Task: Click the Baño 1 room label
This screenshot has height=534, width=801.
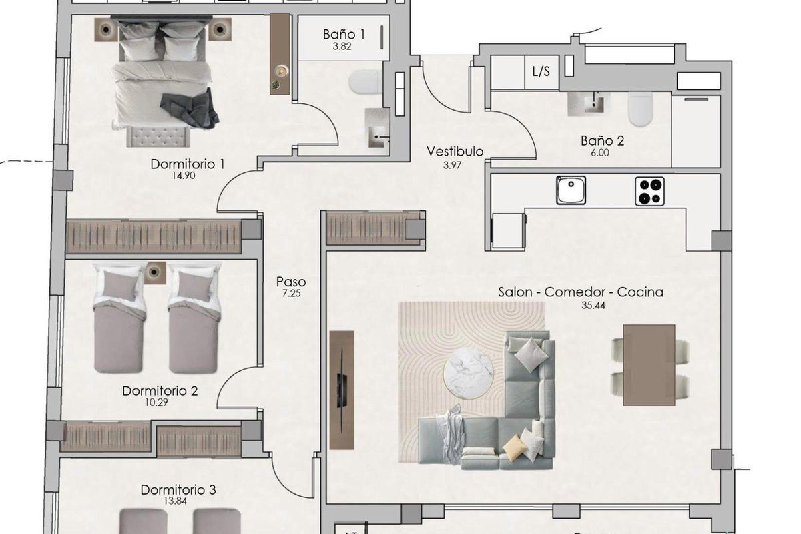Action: coord(344,35)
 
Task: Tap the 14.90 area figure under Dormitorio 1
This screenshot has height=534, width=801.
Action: coord(184,176)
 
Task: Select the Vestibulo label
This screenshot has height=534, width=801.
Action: coord(455,152)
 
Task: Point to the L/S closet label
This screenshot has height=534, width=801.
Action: coord(541,72)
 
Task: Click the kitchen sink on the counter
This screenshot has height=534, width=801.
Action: coord(571,190)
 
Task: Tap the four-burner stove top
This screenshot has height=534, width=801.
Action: coord(649,192)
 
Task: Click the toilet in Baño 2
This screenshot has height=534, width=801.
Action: coord(641,109)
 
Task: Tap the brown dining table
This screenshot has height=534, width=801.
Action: coord(649,365)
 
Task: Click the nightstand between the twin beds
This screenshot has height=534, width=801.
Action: coord(155,273)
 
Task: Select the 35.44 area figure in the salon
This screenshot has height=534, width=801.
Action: coord(593,306)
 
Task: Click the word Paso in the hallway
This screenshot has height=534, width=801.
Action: coord(291,282)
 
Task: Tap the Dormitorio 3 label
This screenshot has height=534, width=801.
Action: coord(178,490)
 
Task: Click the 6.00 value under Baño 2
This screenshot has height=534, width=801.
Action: coord(600,153)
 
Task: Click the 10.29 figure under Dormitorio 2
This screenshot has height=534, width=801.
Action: coord(156,403)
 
